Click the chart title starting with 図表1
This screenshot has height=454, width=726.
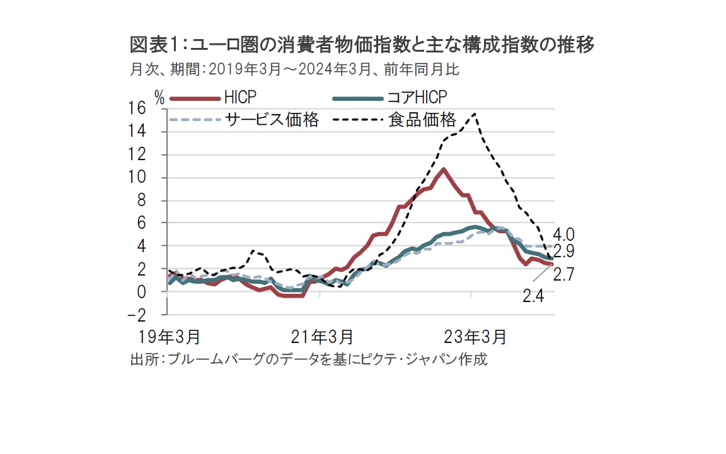tap(362, 45)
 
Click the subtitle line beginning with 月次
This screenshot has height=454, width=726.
tap(294, 69)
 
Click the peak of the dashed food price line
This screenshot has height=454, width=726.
tap(474, 114)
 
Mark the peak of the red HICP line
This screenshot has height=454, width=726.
tap(444, 169)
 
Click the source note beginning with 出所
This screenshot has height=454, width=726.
tap(309, 360)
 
